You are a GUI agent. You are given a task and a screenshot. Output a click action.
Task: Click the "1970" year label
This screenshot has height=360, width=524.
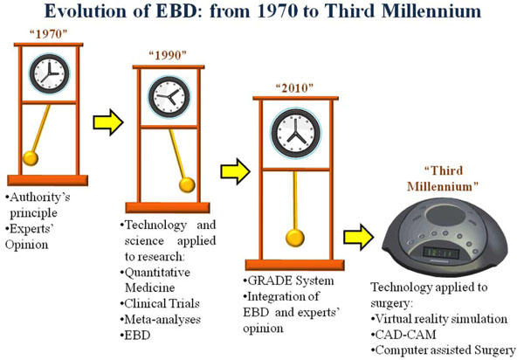48,34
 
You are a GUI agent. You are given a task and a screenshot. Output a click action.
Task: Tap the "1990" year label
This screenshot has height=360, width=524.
168,55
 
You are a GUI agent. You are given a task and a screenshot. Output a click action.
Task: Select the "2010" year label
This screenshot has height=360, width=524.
294,88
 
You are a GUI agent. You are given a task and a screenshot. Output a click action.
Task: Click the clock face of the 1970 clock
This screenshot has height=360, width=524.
49,73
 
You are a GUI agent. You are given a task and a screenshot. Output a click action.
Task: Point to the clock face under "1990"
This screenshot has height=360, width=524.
169,97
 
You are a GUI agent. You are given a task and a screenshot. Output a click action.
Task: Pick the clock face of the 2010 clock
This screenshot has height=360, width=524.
296,133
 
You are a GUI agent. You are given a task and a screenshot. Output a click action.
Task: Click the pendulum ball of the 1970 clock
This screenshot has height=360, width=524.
31,158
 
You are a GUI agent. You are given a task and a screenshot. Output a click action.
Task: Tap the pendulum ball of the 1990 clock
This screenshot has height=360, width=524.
187,185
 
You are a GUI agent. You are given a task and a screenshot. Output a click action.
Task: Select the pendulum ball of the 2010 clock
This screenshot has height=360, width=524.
295,238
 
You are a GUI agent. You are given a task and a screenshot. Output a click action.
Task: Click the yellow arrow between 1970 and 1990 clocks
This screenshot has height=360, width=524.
108,122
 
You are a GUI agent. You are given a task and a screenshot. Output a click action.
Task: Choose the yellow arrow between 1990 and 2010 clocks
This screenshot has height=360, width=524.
235,171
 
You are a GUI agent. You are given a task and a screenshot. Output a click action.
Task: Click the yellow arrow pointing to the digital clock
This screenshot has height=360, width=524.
359,237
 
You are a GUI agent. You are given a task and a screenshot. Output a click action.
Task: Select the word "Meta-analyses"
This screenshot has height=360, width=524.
162,319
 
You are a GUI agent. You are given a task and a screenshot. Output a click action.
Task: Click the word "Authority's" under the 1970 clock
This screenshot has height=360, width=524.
40,197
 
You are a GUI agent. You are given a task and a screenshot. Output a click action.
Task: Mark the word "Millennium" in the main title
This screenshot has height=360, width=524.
431,11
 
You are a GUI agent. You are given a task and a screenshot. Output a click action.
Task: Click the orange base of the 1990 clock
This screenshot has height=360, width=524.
168,208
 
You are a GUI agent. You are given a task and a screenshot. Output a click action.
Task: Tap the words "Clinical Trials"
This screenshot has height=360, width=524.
162,303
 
